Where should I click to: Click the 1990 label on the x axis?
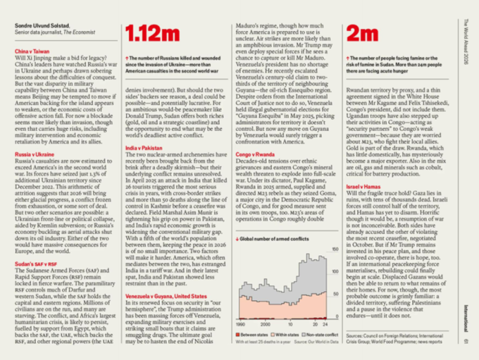tap(242, 323)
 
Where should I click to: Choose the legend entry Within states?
tap(283, 333)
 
